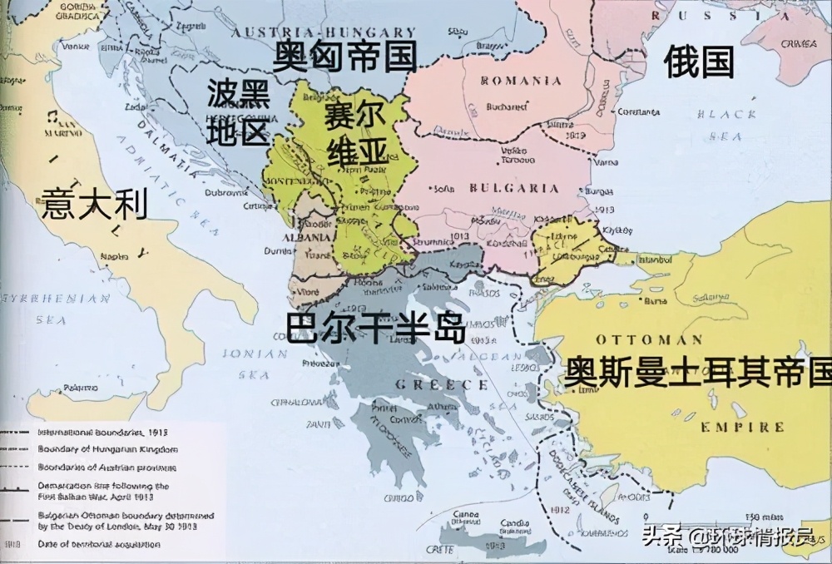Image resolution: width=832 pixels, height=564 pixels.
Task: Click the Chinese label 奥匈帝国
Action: (x=345, y=57)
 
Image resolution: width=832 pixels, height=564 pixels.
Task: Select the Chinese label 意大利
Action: (x=94, y=204)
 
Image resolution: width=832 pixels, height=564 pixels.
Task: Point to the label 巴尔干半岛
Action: (x=374, y=329)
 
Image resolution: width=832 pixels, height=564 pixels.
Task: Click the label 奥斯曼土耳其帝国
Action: (x=697, y=373)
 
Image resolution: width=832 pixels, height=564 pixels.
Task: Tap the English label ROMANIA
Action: (x=522, y=81)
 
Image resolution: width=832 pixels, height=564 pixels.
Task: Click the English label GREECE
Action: (x=440, y=384)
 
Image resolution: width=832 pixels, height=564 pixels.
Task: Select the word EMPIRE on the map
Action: (x=742, y=427)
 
